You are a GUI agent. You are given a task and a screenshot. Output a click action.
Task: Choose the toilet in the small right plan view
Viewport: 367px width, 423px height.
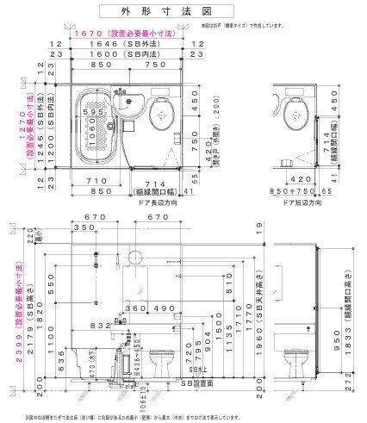click(x=297, y=111)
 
